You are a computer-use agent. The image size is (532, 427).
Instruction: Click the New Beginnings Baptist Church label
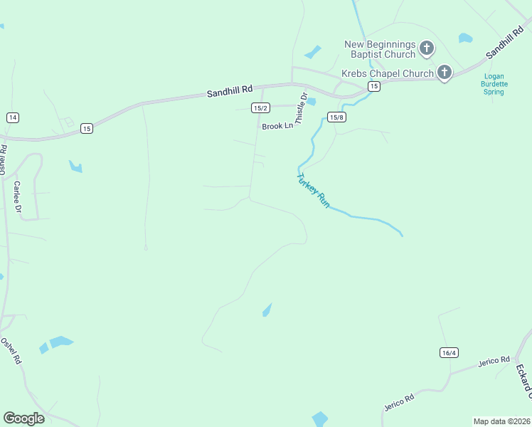click(x=380, y=49)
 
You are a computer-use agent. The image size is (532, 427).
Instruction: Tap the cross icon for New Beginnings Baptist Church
click(x=426, y=48)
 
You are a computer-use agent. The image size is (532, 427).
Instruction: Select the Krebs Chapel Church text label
click(x=388, y=73)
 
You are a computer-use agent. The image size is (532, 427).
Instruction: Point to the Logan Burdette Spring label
click(x=494, y=84)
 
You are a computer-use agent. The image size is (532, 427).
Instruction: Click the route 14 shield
click(x=12, y=117)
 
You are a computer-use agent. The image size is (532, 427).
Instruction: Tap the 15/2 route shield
click(x=260, y=107)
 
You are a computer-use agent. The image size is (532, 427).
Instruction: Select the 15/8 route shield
click(x=336, y=117)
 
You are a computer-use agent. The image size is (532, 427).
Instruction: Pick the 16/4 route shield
click(x=449, y=353)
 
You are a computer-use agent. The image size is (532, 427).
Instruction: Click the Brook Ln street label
click(x=277, y=126)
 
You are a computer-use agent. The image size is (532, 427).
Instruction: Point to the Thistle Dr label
click(x=301, y=109)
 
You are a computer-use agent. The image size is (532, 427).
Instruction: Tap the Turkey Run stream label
click(x=314, y=190)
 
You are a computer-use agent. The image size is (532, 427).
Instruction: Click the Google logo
click(x=23, y=418)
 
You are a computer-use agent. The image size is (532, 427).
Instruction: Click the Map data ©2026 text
click(x=501, y=421)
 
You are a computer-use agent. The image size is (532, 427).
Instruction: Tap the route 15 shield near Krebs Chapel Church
click(x=374, y=86)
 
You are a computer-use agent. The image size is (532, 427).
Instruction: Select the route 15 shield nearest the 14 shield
click(x=86, y=128)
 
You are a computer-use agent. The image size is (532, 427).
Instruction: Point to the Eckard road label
click(x=523, y=381)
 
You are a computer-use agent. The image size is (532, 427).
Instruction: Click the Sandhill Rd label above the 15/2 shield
click(x=230, y=91)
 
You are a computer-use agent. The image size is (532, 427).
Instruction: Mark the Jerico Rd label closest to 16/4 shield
click(x=494, y=361)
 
